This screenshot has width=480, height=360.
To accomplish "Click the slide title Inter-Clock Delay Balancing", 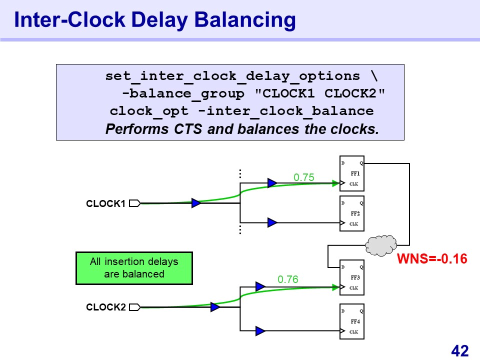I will [x=155, y=20].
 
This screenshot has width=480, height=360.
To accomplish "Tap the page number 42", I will [x=459, y=350].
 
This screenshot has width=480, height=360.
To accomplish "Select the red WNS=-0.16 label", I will [x=432, y=259].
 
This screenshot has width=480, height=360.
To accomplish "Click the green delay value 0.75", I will [x=303, y=177].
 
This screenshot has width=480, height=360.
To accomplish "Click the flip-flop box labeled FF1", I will [x=352, y=174].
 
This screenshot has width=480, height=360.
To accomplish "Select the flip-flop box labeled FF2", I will [x=352, y=213].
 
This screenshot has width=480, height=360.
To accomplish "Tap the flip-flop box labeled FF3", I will [x=352, y=277].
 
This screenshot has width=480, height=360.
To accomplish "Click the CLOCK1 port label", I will [x=105, y=204].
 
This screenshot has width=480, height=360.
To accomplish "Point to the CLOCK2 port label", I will [x=105, y=307].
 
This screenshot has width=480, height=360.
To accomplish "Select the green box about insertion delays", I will [x=134, y=268].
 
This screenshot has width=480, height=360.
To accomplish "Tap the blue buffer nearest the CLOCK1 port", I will [x=196, y=203].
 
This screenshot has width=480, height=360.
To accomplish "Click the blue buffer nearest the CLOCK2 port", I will [x=215, y=306].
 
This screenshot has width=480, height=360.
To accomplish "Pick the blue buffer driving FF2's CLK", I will [x=272, y=222].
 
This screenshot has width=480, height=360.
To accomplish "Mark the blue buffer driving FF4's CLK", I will [x=260, y=330].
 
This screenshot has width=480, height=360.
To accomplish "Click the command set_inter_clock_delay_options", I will [x=232, y=76].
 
